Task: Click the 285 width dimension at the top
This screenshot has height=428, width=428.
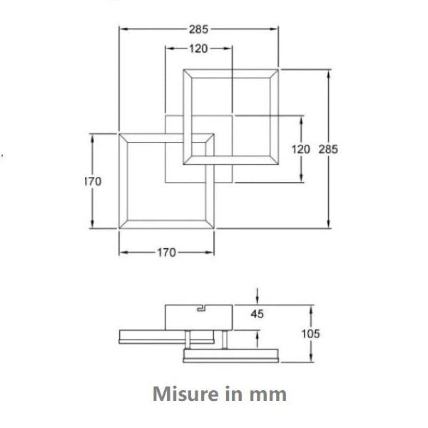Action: pyautogui.click(x=198, y=29)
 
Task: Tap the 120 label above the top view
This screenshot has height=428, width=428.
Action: pyautogui.click(x=198, y=49)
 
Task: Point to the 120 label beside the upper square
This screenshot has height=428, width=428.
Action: pyautogui.click(x=301, y=149)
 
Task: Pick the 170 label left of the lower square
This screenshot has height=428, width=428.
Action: pyautogui.click(x=93, y=181)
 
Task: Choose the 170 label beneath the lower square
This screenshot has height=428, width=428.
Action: pyautogui.click(x=166, y=252)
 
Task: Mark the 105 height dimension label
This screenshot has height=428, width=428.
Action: pyautogui.click(x=310, y=334)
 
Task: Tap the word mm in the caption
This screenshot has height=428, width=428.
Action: pyautogui.click(x=268, y=393)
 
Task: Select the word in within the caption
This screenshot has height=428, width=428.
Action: pyautogui.click(x=229, y=393)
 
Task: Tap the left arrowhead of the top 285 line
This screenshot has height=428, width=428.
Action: pyautogui.click(x=121, y=29)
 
